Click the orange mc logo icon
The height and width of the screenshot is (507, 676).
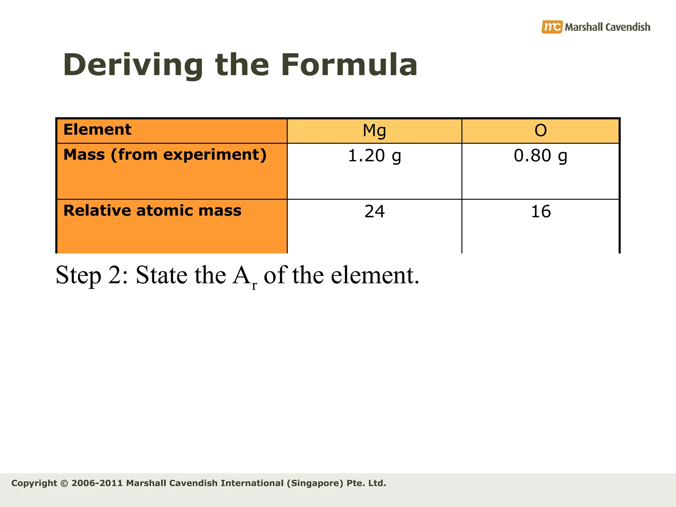click(552, 27)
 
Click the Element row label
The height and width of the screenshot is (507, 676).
click(97, 129)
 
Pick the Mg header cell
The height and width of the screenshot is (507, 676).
click(374, 131)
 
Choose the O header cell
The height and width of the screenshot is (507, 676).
click(541, 131)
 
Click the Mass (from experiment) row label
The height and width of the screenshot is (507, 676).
click(165, 155)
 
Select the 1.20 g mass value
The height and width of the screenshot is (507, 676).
click(374, 156)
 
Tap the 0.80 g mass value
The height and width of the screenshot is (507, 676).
click(541, 156)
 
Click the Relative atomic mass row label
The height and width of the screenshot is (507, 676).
click(152, 211)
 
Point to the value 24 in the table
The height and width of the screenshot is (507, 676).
click(374, 212)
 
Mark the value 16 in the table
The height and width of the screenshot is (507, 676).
click(541, 212)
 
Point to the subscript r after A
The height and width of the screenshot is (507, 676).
click(254, 285)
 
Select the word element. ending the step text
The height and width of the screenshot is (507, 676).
click(375, 275)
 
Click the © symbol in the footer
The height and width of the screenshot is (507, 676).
click(64, 483)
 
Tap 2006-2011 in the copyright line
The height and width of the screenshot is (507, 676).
click(97, 483)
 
